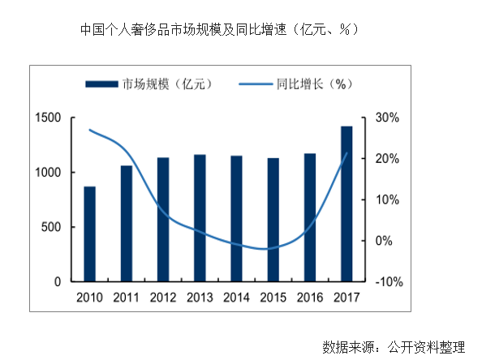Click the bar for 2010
point(90,234)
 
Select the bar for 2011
point(127,223)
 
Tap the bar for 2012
point(163,219)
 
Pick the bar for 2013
point(200,218)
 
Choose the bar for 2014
point(236,218)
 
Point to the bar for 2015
point(273,219)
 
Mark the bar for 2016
point(310,217)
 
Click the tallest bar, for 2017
point(346,204)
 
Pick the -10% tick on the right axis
point(385,282)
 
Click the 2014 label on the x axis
point(236,297)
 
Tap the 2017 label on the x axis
point(346,297)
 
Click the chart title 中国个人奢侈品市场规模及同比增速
point(219,29)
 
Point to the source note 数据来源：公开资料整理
point(394,346)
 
